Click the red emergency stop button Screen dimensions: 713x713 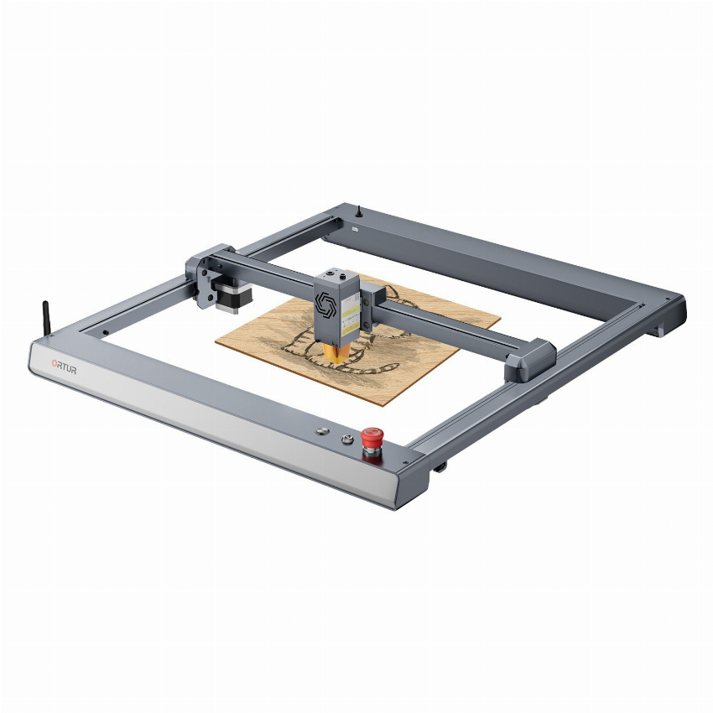point(372,438)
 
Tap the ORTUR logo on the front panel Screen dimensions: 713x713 point(64,367)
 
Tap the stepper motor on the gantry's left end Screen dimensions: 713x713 point(227,294)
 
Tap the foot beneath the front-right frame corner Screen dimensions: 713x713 point(439,466)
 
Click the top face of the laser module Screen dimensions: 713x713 point(338,277)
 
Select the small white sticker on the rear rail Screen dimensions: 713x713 point(357,227)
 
